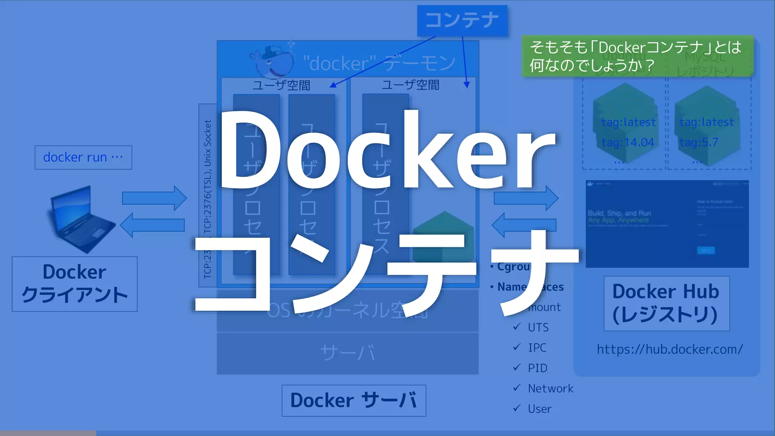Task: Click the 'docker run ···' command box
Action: [x=83, y=157]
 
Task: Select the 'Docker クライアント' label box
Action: [x=75, y=284]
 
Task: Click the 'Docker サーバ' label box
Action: [x=354, y=400]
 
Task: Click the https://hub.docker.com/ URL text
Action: [x=670, y=349]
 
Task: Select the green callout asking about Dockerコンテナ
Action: [x=638, y=56]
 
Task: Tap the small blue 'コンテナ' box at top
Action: [x=462, y=20]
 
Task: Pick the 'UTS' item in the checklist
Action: [x=538, y=327]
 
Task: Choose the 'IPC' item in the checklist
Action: [x=537, y=348]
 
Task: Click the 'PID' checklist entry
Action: [x=537, y=368]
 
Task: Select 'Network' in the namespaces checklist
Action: [x=550, y=388]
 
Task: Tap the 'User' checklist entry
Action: [x=540, y=409]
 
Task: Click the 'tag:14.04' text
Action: [x=628, y=142]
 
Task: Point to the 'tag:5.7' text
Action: [x=699, y=142]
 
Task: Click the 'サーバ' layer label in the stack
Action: [x=347, y=353]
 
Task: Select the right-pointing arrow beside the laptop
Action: [x=154, y=198]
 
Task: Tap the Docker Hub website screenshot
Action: [x=667, y=224]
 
